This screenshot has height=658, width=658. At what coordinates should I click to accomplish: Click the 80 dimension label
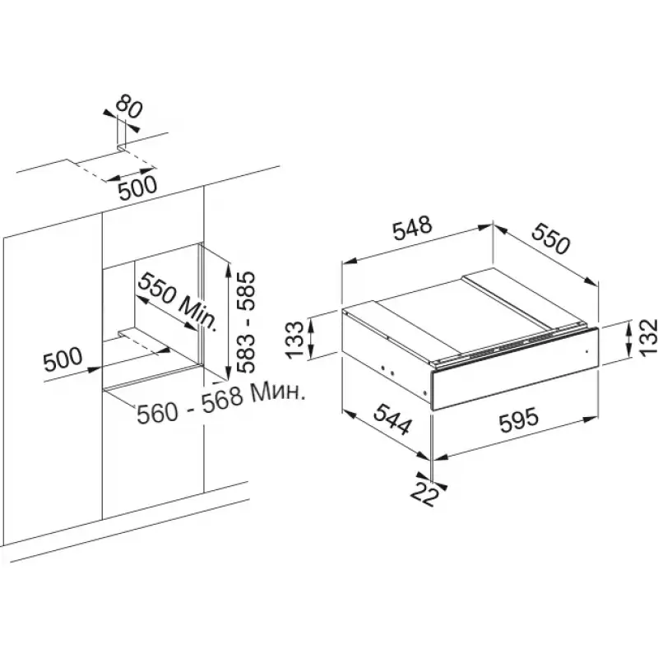pyautogui.click(x=129, y=107)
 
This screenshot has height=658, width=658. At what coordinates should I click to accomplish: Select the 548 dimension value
pyautogui.click(x=412, y=228)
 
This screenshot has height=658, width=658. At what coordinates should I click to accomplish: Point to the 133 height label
pyautogui.click(x=295, y=340)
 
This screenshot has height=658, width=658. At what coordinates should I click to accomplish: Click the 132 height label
pyautogui.click(x=647, y=337)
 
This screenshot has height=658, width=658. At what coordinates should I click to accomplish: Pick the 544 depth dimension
pyautogui.click(x=392, y=419)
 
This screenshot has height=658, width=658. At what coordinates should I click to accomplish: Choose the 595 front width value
pyautogui.click(x=519, y=420)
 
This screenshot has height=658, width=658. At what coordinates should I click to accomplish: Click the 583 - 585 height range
pyautogui.click(x=245, y=322)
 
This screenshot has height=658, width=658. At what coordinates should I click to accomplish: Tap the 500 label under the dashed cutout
pyautogui.click(x=137, y=189)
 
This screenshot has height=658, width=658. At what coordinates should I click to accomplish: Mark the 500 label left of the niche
pyautogui.click(x=63, y=359)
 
